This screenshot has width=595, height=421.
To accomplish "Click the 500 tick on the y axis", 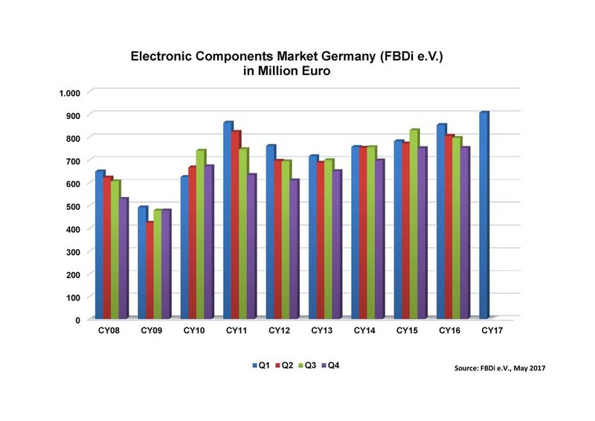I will pyautogui.click(x=73, y=206).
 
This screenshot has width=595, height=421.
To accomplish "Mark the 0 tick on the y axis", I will pyautogui.click(x=77, y=320).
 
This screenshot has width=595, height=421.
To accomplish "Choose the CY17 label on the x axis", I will pyautogui.click(x=490, y=330).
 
